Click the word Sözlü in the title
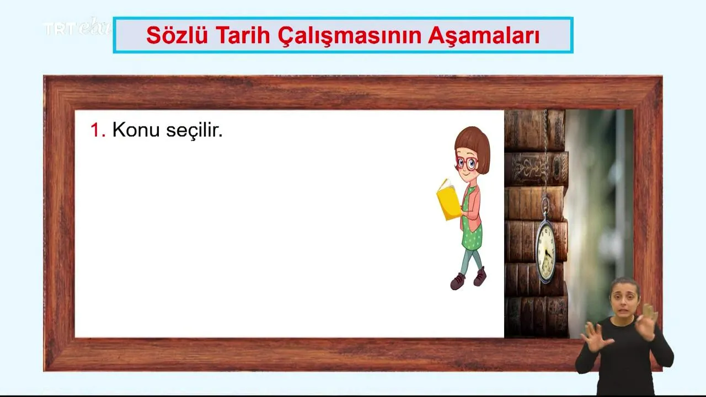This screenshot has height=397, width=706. pos(177,35)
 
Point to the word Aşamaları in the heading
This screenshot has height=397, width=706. pos(484,36)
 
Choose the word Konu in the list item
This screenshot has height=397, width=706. pos(136,130)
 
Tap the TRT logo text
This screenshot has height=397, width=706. pos(60,29)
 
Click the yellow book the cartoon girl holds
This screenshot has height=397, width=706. pos(448,200)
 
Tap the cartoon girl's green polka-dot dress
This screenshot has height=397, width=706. pos(472,227)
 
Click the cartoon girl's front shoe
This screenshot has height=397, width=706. pos(457,281)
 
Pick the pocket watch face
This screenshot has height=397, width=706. pos(546,252)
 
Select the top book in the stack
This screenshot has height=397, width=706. pos(534,130)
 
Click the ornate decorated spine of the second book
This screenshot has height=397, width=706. pos(536,169)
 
